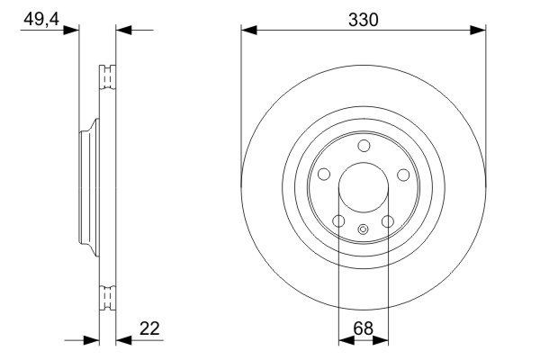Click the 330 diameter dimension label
click(x=364, y=19)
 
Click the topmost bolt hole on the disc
click(x=364, y=147)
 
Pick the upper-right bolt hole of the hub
click(x=403, y=175)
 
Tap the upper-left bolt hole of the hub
click(x=325, y=175)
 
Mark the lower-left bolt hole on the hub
click(x=338, y=221)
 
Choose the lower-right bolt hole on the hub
click(x=388, y=221)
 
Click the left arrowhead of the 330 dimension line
click(x=248, y=31)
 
